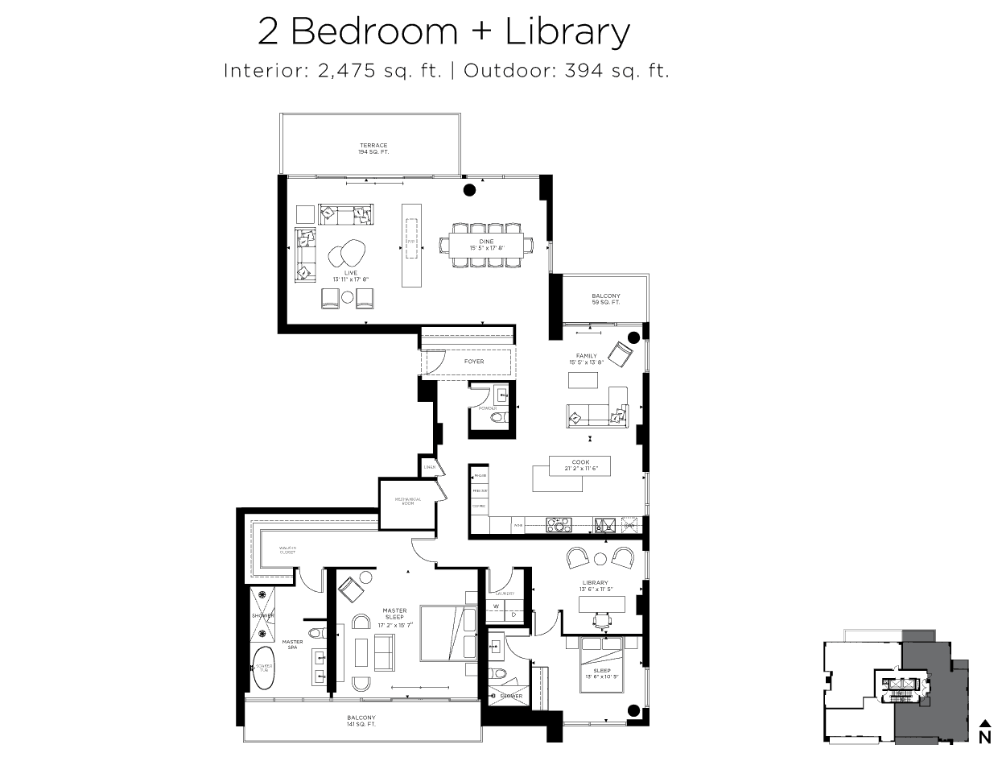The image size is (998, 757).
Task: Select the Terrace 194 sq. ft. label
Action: (373, 149)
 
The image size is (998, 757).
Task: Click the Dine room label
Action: (487, 245)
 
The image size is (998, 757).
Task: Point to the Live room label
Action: (350, 276)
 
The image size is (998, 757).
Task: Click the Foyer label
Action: (474, 362)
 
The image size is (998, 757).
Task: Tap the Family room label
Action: (586, 359)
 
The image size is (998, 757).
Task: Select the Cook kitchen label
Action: (580, 465)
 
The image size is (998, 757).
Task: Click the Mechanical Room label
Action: (408, 501)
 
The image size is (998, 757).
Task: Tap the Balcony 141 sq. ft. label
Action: (361, 721)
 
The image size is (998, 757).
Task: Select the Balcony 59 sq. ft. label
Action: (605, 299)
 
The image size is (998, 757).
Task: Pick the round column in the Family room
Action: (633, 337)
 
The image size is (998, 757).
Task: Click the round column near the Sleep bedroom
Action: (633, 710)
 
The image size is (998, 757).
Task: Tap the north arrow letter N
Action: (984, 737)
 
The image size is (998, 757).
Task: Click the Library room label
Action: (595, 585)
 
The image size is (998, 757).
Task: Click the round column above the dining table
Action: (469, 191)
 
